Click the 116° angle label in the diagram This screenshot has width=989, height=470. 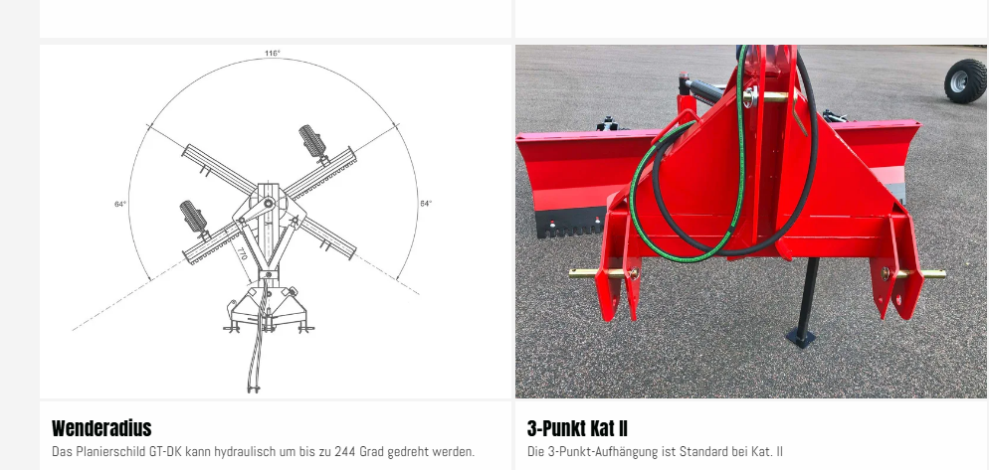pyautogui.click(x=273, y=53)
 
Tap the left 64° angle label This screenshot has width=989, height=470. pyautogui.click(x=120, y=204)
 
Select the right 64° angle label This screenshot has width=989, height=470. pyautogui.click(x=427, y=204)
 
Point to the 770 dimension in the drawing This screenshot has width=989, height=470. pyautogui.click(x=242, y=254)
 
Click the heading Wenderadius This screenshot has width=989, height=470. pyautogui.click(x=101, y=428)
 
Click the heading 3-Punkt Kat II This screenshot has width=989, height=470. pyautogui.click(x=577, y=428)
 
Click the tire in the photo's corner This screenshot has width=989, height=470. pyautogui.click(x=965, y=80)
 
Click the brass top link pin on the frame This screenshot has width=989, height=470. pyautogui.click(x=766, y=97)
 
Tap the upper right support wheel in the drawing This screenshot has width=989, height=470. pyautogui.click(x=312, y=141)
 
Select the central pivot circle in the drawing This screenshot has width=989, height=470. pyautogui.click(x=269, y=203)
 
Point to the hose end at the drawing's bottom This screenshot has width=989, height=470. pyautogui.click(x=254, y=389)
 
